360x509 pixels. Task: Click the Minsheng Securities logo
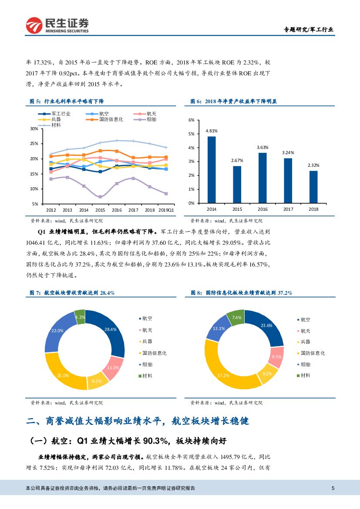point(57,25)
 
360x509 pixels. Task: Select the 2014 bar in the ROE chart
point(212,170)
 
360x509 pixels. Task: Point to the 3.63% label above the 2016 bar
point(263,147)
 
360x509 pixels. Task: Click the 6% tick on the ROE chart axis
point(191,120)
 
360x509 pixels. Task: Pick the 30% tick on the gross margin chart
point(34,129)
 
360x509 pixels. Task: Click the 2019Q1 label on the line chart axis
point(165,209)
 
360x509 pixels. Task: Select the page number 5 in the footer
point(333,488)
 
